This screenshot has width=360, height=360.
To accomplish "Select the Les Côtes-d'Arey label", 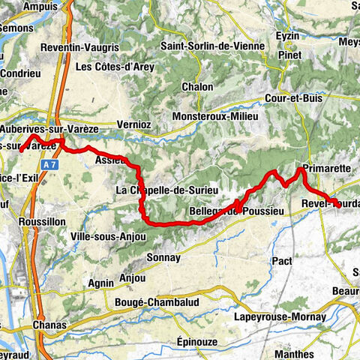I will tap(115, 67).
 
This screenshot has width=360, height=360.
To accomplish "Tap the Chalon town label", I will tap(196, 87).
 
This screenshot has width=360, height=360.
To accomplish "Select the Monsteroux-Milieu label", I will tap(215, 117).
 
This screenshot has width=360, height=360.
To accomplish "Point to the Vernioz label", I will tap(136, 125).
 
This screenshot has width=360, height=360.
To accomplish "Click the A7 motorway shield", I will tap(49, 163).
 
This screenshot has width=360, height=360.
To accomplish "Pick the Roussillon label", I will tap(34, 223).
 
